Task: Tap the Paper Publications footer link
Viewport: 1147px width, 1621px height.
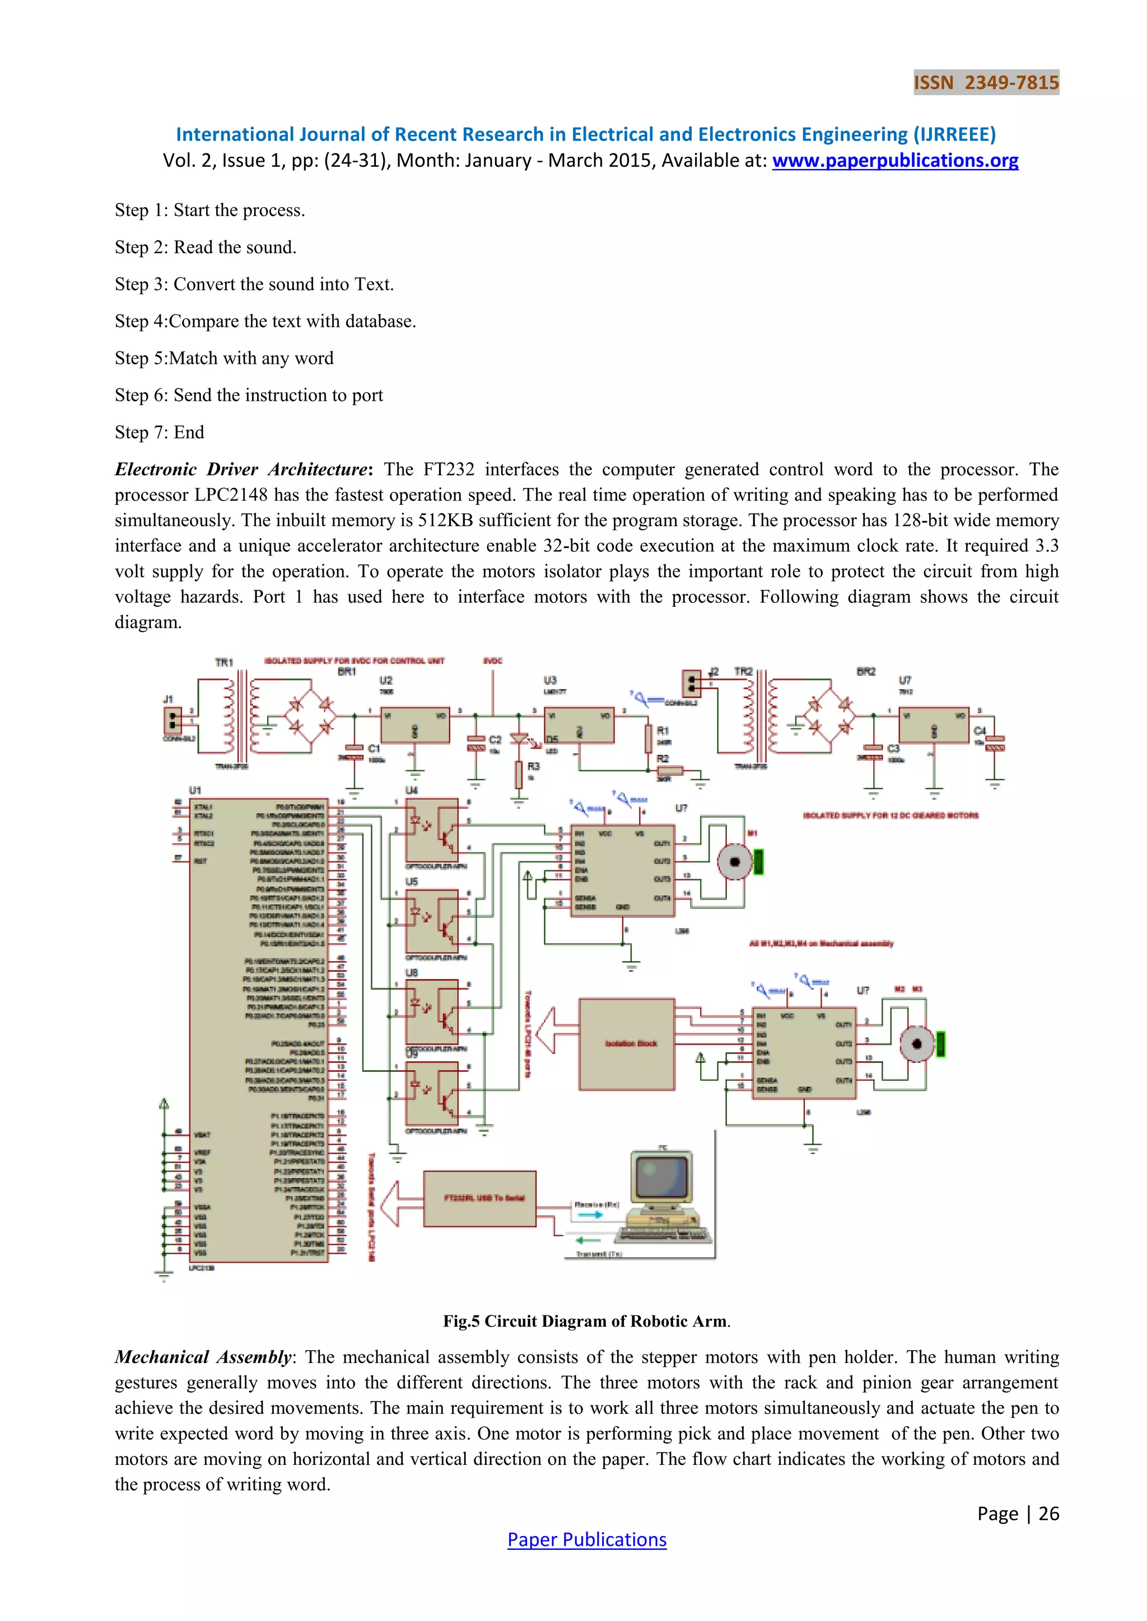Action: click(586, 1539)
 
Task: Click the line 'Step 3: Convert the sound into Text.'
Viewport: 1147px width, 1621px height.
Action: click(254, 284)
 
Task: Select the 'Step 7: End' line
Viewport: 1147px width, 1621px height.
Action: click(160, 432)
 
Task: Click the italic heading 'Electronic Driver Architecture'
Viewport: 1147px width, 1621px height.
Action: click(241, 470)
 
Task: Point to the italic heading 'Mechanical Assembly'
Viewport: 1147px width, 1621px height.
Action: click(203, 1357)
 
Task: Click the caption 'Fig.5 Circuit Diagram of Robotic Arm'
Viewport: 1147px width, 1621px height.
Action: click(586, 1321)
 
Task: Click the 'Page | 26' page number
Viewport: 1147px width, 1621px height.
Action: click(1018, 1513)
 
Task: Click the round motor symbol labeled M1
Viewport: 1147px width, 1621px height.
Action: click(735, 861)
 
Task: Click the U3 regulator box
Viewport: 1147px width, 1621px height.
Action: click(579, 724)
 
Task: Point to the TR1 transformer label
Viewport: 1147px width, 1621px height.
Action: click(224, 662)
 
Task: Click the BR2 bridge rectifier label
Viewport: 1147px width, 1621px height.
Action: click(866, 672)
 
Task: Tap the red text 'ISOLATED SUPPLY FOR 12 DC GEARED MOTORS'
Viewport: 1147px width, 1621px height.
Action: click(890, 816)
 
